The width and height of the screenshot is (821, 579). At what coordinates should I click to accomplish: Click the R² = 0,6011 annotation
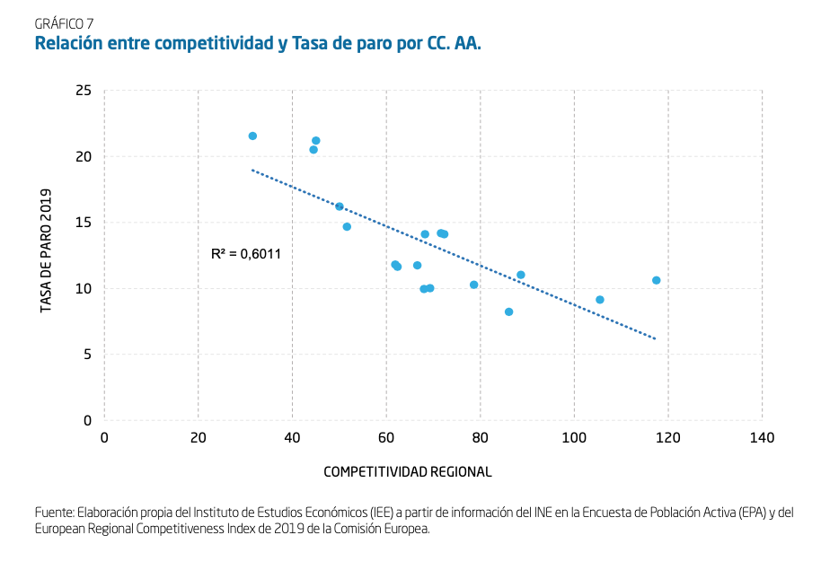[x=246, y=254]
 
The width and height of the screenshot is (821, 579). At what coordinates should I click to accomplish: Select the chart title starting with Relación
[x=258, y=43]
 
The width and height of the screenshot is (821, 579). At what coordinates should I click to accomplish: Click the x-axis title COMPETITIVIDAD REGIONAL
[x=407, y=471]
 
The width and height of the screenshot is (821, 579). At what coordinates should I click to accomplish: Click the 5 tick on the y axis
[x=88, y=355]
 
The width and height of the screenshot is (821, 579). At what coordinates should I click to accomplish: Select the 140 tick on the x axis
[x=762, y=437]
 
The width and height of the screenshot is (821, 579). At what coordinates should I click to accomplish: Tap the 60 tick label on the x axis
[x=386, y=437]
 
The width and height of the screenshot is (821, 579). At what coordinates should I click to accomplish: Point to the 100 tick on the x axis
[x=574, y=437]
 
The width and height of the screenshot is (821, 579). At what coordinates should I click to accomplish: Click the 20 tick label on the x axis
[x=199, y=437]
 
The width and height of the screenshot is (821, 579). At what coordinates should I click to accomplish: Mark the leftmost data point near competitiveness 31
[x=252, y=136]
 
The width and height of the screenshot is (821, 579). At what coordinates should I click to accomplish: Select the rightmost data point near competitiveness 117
[x=657, y=280]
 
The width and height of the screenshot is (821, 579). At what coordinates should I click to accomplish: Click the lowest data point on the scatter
[x=508, y=311]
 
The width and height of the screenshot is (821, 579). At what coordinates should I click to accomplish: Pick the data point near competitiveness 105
[x=600, y=300]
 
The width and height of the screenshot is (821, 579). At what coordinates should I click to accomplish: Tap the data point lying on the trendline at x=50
[x=340, y=206]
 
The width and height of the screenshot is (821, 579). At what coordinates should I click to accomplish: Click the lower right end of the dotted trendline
[x=655, y=338]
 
